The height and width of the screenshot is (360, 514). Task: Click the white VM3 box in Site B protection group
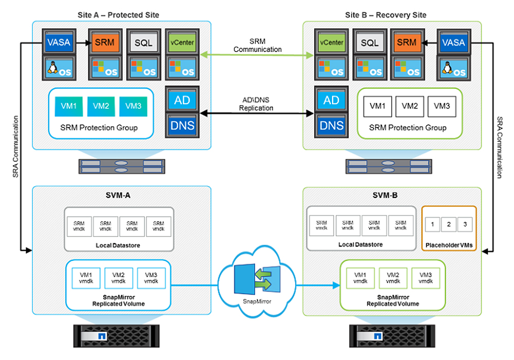tap(442, 106)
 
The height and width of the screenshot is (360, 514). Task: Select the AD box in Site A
tap(182, 100)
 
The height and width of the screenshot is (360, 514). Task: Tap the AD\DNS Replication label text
tap(258, 104)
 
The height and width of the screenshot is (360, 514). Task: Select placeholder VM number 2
tap(448, 224)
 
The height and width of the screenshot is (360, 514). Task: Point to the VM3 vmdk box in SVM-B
tap(425, 277)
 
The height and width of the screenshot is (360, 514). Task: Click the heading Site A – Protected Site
tap(121, 15)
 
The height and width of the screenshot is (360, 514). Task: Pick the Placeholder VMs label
tap(449, 245)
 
